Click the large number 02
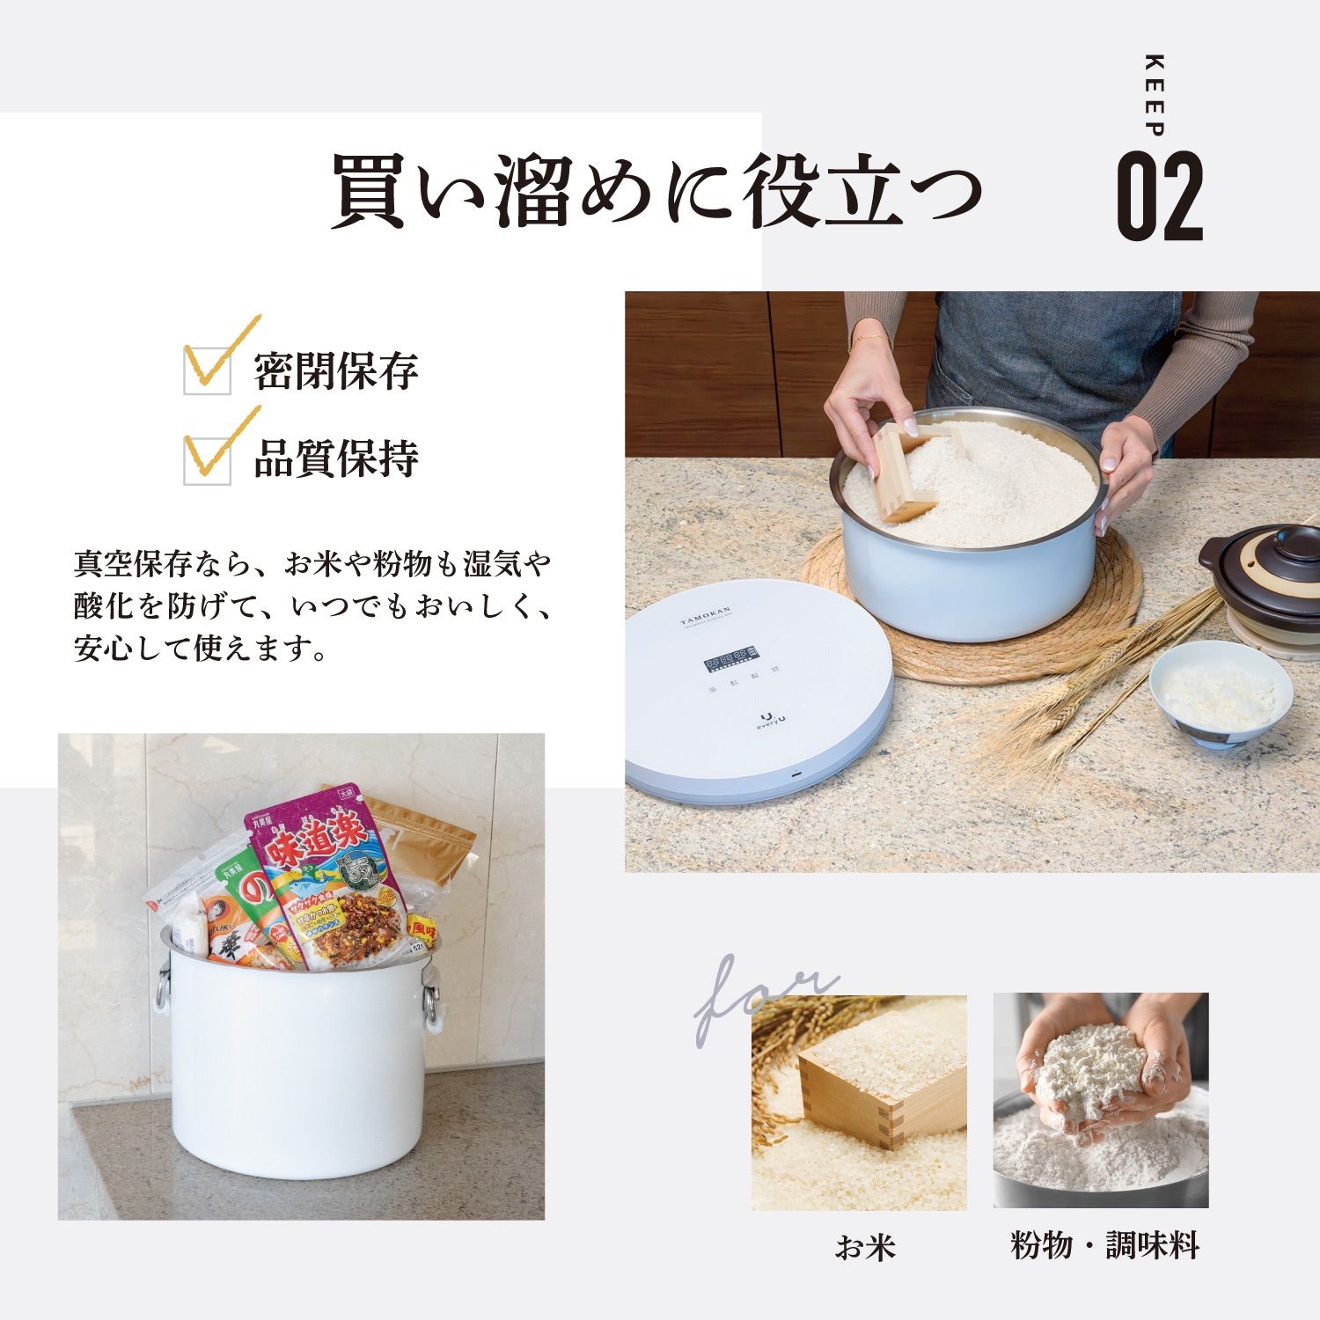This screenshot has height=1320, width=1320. tap(1159, 196)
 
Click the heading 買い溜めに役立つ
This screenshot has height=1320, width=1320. tap(656, 192)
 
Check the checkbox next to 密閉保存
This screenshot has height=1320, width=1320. tap(208, 370)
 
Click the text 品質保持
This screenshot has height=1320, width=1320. tap(336, 459)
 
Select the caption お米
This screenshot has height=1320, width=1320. tap(864, 1247)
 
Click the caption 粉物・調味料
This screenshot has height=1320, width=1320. tap(1104, 1245)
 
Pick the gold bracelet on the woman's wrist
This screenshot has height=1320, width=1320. tap(869, 337)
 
